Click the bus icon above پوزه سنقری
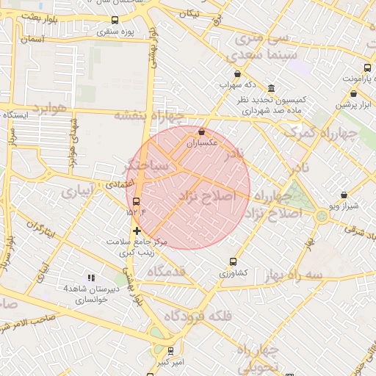(113, 21)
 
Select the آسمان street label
(34, 39)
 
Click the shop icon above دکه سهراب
(237, 73)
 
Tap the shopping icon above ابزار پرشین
(353, 93)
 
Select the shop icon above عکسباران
(201, 131)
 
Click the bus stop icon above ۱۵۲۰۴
(137, 201)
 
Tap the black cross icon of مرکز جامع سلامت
(137, 231)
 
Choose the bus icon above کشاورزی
(234, 261)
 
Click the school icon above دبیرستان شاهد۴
(91, 278)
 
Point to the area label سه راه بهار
(295, 273)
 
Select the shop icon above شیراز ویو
(344, 195)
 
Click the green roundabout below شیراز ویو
(322, 216)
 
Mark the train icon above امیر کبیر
(170, 351)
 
